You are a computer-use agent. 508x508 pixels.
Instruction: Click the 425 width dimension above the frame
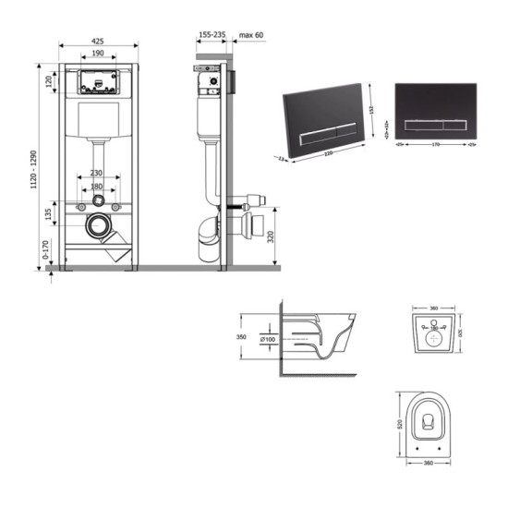(x=98, y=40)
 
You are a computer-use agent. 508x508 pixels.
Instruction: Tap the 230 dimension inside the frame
(x=98, y=173)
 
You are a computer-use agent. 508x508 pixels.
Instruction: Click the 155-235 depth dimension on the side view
(x=212, y=35)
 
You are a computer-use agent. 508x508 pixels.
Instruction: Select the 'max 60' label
(x=251, y=35)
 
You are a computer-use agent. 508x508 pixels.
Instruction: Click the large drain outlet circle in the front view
(x=97, y=224)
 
